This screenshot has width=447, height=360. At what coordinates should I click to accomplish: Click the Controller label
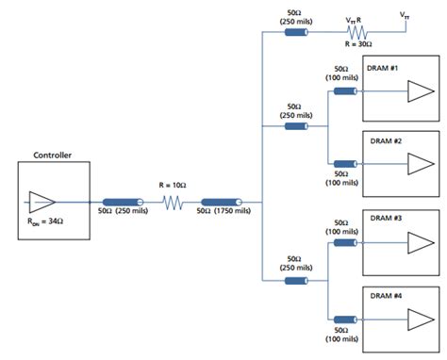coord(53,155)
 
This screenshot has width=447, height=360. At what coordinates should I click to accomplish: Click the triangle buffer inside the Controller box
coord(42,201)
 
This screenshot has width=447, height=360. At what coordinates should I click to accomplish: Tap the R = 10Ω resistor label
coord(173,187)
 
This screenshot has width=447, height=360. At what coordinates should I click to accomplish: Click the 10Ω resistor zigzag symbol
coord(172,202)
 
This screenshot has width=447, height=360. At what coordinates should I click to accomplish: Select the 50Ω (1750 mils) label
coord(223,212)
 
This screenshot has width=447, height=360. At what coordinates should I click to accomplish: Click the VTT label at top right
coord(405,15)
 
